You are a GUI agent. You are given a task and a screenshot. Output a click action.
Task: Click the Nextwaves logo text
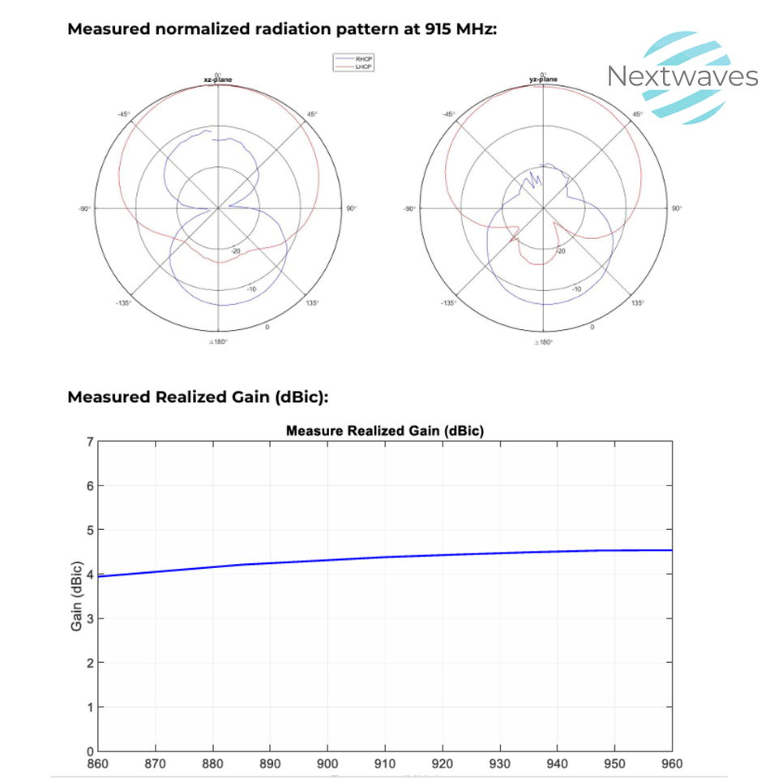click(x=682, y=77)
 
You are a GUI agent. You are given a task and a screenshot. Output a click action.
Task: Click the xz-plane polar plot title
click(x=217, y=79)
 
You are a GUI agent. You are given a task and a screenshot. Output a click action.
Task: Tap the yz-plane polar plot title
click(x=542, y=79)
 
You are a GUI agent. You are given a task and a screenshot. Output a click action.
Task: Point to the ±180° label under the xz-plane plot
click(x=217, y=342)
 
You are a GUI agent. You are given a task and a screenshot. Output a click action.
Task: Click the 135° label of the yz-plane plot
click(x=638, y=303)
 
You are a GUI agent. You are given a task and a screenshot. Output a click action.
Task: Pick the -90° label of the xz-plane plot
click(x=83, y=209)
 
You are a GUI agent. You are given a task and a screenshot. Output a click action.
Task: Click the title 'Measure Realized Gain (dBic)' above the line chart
click(x=384, y=431)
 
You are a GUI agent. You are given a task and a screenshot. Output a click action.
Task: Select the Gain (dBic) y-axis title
click(x=77, y=596)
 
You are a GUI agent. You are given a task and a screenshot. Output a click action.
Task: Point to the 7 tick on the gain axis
click(x=90, y=442)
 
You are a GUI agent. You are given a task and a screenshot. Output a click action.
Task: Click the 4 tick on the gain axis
click(x=90, y=574)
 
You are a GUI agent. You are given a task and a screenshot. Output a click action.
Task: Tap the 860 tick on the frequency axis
click(x=97, y=763)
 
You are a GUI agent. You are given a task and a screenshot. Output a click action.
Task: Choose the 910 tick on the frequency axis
click(x=385, y=763)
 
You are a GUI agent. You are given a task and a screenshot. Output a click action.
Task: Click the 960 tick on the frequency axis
click(x=672, y=763)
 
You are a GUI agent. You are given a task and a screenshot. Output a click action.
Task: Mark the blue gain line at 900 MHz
click(x=327, y=560)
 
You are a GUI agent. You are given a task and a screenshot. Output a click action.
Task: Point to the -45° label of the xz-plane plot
click(x=123, y=114)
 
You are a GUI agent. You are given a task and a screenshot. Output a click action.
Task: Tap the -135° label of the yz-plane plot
click(x=447, y=303)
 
